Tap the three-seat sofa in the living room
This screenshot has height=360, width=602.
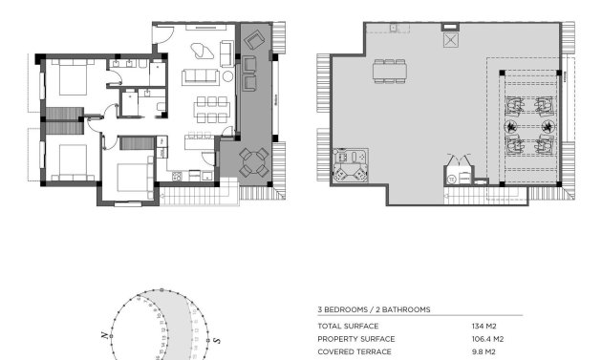tap(202, 77)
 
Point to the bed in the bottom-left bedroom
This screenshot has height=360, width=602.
tap(70, 159)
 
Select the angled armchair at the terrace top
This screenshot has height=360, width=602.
tap(255, 39)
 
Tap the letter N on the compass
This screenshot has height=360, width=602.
tap(104, 335)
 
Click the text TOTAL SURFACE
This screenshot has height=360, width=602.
tap(349, 326)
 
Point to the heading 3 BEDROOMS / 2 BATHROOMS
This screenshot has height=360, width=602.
tap(374, 309)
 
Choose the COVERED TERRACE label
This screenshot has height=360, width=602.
tap(355, 350)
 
